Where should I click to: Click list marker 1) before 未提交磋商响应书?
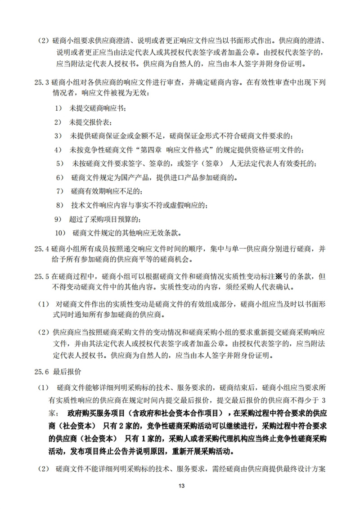click(x=58, y=109)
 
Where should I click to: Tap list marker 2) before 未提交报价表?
click(x=58, y=122)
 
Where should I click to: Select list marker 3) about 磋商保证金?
click(x=58, y=135)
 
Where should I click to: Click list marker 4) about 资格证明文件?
click(x=58, y=149)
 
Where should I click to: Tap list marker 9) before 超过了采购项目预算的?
click(x=58, y=219)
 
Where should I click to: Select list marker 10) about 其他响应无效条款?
click(x=60, y=233)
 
